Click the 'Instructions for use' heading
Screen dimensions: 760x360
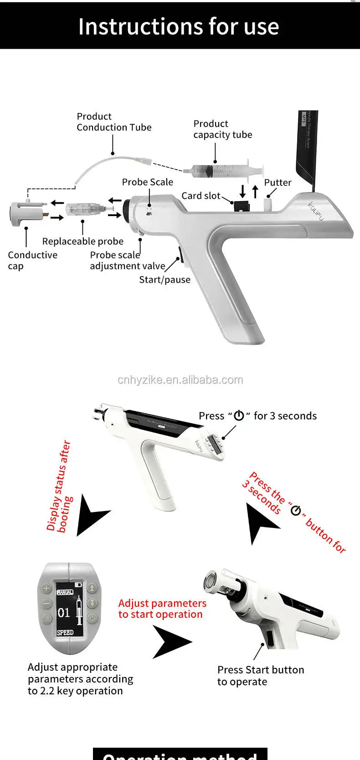click(x=178, y=26)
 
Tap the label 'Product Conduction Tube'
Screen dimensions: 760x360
click(x=114, y=122)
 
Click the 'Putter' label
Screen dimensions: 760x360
click(x=278, y=183)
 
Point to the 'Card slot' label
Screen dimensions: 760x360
click(x=201, y=196)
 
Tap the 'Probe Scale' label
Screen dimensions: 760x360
click(x=147, y=182)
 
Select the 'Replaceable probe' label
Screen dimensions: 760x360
click(x=82, y=241)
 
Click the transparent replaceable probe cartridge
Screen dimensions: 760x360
click(x=82, y=210)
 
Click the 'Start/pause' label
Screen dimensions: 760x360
click(x=165, y=280)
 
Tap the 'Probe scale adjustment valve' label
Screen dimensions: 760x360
click(x=127, y=261)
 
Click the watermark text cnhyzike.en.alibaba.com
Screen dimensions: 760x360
click(x=180, y=380)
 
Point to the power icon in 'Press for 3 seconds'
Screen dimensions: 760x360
click(x=239, y=416)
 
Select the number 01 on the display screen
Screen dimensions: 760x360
click(x=64, y=612)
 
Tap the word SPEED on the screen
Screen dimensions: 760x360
click(x=65, y=632)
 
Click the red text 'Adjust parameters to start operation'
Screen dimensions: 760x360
click(x=162, y=609)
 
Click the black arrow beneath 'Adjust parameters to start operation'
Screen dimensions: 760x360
click(x=171, y=642)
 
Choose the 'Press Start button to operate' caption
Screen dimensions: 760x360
click(x=260, y=676)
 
